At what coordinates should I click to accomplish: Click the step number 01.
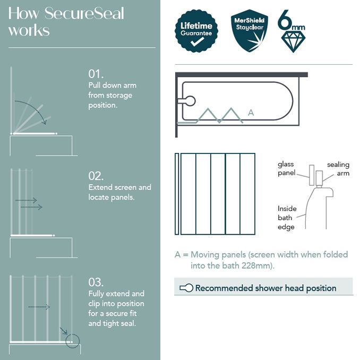pyautogui.click(x=96, y=73)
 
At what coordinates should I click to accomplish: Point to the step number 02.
pyautogui.click(x=96, y=176)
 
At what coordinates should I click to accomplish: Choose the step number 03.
pyautogui.click(x=96, y=282)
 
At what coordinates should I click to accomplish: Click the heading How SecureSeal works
pyautogui.click(x=66, y=21)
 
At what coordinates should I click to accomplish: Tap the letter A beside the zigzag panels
pyautogui.click(x=251, y=113)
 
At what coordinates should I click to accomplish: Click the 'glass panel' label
pyautogui.click(x=286, y=169)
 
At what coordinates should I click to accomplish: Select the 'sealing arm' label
pyautogui.click(x=338, y=169)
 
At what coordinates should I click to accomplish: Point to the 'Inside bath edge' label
pyautogui.click(x=287, y=218)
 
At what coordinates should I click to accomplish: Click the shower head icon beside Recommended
pyautogui.click(x=186, y=288)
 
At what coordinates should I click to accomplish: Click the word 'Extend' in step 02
pyautogui.click(x=101, y=187)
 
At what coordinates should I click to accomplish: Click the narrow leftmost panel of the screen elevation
pyautogui.click(x=177, y=194)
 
